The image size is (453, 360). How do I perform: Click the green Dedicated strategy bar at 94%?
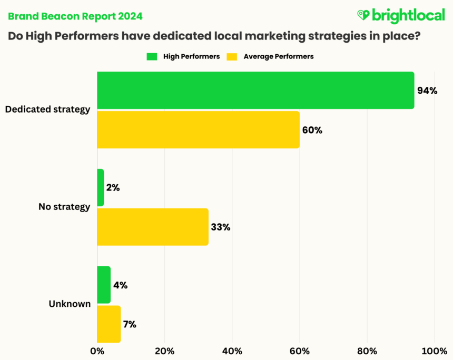pyautogui.click(x=255, y=91)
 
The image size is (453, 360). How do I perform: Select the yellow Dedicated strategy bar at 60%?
pyautogui.click(x=198, y=129)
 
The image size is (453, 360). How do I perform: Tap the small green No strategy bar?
pyautogui.click(x=101, y=188)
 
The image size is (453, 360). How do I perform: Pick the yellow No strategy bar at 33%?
pyautogui.click(x=153, y=227)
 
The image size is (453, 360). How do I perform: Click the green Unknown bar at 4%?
pyautogui.click(x=104, y=285)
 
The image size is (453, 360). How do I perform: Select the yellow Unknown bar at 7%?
pyautogui.click(x=109, y=324)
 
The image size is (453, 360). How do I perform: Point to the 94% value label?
pyautogui.click(x=427, y=91)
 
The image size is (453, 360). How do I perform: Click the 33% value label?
pyautogui.click(x=221, y=227)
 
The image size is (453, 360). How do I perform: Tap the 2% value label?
pyautogui.click(x=113, y=188)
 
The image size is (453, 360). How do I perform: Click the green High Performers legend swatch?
pyautogui.click(x=152, y=56)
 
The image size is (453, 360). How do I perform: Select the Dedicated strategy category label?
pyautogui.click(x=47, y=110)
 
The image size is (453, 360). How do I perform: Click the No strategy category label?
pyautogui.click(x=64, y=207)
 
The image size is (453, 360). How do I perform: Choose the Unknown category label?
pyautogui.click(x=70, y=304)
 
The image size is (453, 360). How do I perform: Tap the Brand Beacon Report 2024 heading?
pyautogui.click(x=75, y=16)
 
